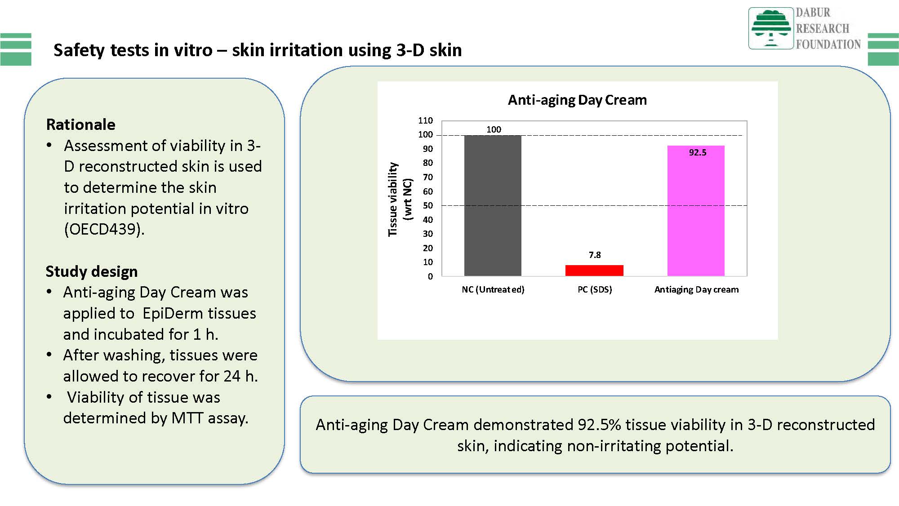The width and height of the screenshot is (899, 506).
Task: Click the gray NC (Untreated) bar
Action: coord(493,205)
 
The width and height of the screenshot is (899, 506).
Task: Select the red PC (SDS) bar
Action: coord(594,271)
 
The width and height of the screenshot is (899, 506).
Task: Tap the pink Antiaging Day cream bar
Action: coord(696,211)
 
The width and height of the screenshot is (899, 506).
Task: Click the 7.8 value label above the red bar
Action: coord(595,255)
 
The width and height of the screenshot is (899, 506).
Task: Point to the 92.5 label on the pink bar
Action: coord(698,152)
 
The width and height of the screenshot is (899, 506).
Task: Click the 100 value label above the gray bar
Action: coord(494,129)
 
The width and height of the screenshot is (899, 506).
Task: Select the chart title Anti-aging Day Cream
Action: coord(577,100)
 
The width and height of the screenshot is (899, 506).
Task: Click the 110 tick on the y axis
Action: coord(425,120)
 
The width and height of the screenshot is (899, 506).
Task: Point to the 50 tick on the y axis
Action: coord(427,205)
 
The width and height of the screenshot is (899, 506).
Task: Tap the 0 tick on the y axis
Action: coord(430,276)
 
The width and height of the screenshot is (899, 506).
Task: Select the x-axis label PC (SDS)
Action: coord(595,289)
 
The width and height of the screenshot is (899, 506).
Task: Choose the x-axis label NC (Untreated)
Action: coord(493,289)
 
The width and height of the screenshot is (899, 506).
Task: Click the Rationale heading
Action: coord(81,124)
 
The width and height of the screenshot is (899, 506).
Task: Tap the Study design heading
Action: coord(92,271)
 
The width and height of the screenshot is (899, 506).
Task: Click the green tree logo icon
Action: coord(771,28)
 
